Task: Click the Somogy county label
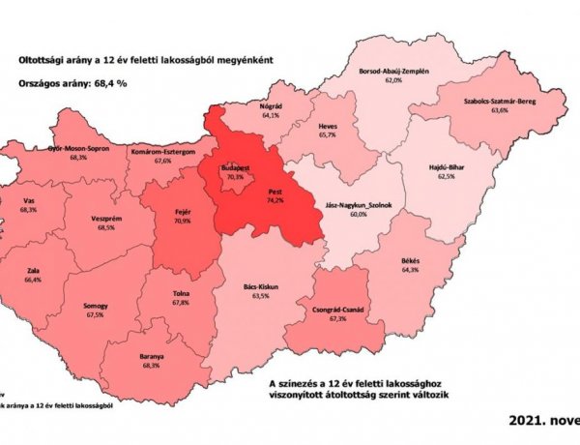[96, 305]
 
